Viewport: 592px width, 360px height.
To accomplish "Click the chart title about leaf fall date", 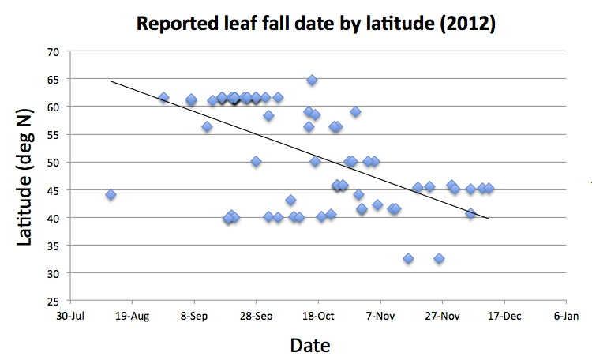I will coord(316,23).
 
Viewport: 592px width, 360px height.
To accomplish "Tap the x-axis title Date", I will coord(310,345).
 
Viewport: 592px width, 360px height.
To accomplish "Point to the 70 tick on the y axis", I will coord(54,51).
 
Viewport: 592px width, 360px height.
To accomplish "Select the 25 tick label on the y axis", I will coord(54,301).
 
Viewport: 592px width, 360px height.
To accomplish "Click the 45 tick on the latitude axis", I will coord(54,189).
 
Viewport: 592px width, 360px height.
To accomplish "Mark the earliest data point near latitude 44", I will coord(111,194).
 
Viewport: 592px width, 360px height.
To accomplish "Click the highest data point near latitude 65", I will coord(312,80).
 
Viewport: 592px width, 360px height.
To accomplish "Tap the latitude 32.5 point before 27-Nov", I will coord(439,258).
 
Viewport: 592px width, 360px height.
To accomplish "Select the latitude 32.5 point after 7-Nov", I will coord(408,258).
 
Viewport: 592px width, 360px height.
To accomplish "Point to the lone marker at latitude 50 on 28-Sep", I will coord(256,161).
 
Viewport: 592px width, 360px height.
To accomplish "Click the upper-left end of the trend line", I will coord(111,81).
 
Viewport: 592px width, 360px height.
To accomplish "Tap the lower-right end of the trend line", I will coord(489,219).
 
